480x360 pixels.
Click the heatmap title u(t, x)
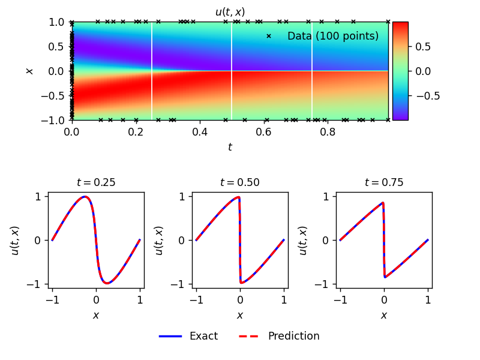(x=230, y=12)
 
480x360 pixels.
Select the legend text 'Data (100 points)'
(x=333, y=36)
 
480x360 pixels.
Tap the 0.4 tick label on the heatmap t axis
(x=200, y=132)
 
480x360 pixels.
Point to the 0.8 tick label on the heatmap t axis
(x=328, y=132)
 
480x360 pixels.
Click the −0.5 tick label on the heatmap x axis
(x=52, y=96)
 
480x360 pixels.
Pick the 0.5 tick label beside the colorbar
(x=423, y=47)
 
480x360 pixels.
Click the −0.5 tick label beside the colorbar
(x=428, y=96)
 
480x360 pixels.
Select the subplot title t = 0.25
(x=96, y=182)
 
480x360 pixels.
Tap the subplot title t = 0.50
(x=240, y=182)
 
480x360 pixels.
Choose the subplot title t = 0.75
(x=384, y=182)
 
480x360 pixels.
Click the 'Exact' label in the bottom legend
(x=203, y=336)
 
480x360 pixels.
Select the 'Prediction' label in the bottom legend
(x=293, y=336)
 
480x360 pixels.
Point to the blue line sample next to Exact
(x=170, y=336)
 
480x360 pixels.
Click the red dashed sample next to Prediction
(x=248, y=336)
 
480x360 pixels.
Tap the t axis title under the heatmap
(x=230, y=147)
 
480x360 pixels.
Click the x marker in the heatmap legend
(x=268, y=36)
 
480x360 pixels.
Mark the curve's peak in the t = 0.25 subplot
(x=85, y=197)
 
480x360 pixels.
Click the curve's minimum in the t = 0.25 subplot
(x=107, y=283)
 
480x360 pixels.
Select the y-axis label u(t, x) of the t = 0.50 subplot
(x=160, y=241)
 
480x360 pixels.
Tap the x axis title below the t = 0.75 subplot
(x=384, y=316)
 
